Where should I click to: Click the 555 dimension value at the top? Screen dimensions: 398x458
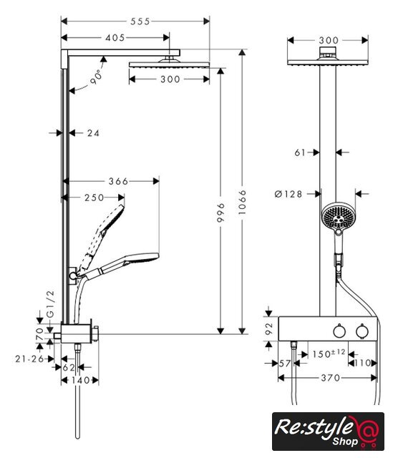140,21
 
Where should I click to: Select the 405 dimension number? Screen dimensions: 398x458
115,38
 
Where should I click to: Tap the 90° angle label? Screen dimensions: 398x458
97,77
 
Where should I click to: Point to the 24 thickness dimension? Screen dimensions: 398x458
93,133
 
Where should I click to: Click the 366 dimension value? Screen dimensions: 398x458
118,181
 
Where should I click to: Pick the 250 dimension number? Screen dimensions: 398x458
94,198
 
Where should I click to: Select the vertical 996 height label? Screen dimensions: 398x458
221,213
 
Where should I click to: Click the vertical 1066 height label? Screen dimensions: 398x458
242,202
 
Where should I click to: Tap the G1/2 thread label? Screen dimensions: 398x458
51,303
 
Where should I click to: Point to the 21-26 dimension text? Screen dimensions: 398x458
29,359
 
